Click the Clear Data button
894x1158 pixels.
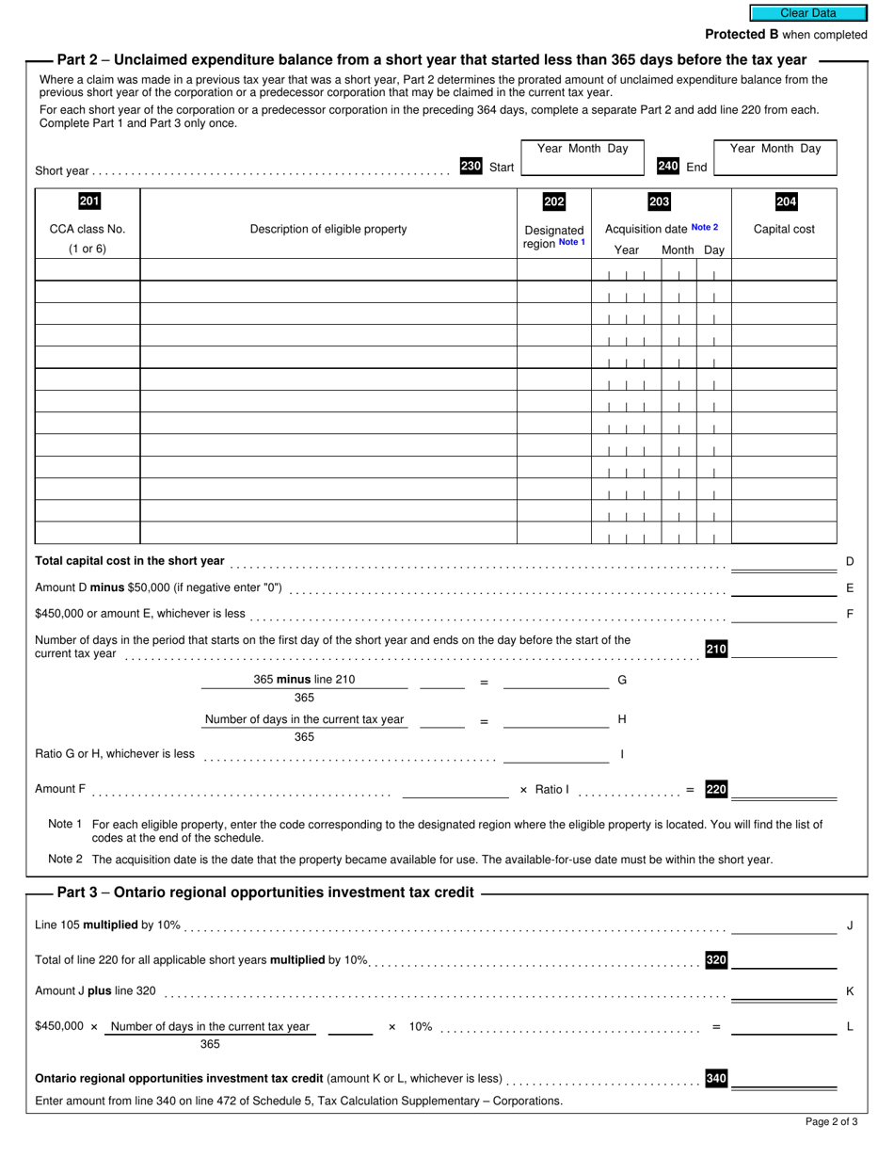tap(807, 13)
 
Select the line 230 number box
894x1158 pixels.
tap(471, 166)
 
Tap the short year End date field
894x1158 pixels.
tap(775, 166)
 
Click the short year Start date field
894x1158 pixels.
tap(581, 166)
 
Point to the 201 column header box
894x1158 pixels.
tap(88, 201)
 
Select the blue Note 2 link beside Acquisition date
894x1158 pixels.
tap(704, 228)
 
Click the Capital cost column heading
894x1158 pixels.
tap(784, 229)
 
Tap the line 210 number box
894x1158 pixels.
tap(716, 649)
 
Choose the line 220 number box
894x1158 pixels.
tap(716, 789)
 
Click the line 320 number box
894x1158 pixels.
tap(716, 959)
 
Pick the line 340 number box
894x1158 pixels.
tap(716, 1078)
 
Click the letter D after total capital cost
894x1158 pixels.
tap(850, 561)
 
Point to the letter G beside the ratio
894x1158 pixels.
tap(621, 680)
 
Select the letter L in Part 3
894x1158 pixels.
tap(850, 1027)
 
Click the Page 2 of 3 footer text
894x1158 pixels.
tap(831, 1121)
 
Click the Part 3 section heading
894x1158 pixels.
tap(265, 893)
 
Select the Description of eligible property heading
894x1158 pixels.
tap(328, 229)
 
